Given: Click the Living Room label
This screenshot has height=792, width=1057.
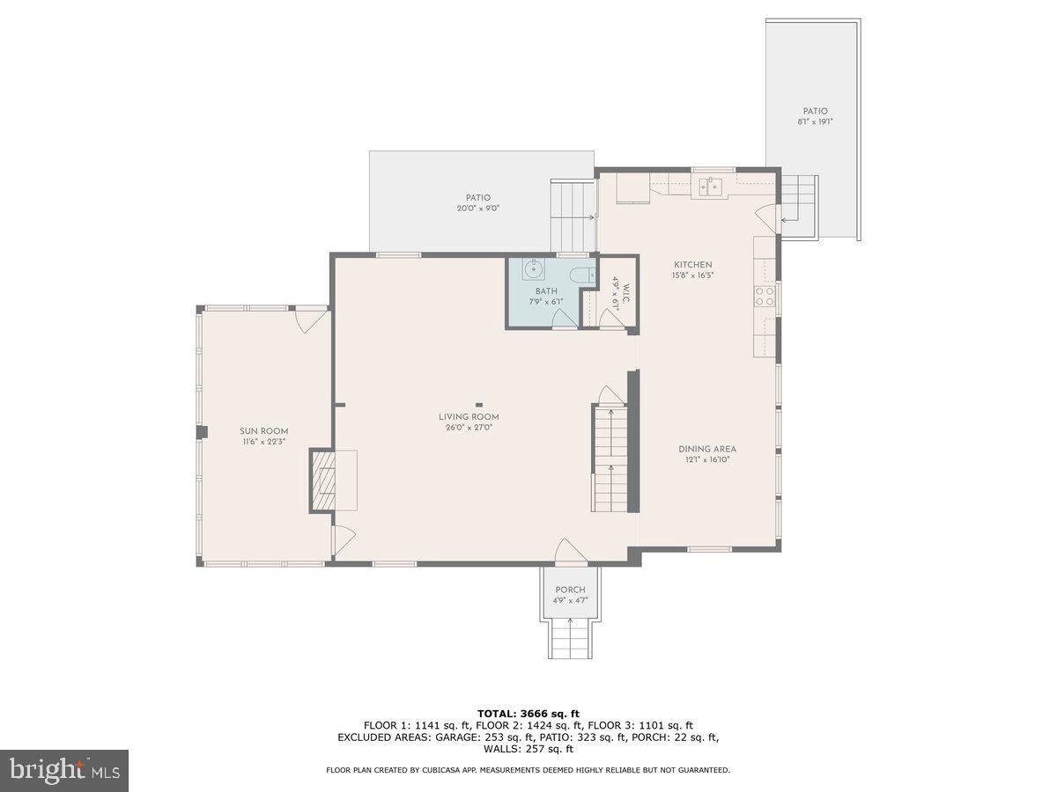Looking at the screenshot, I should click(469, 417).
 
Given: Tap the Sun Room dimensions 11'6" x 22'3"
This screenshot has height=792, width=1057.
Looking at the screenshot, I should click(264, 442).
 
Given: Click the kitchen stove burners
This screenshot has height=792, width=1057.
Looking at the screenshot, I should click(764, 296).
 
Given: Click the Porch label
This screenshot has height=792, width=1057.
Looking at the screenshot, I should click(570, 590).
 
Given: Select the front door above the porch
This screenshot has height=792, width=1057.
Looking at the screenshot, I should click(571, 552).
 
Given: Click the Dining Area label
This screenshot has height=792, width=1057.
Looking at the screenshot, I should click(706, 449).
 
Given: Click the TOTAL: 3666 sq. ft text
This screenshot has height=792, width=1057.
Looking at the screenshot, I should click(528, 714).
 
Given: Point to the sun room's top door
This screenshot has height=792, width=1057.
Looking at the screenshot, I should click(311, 319).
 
